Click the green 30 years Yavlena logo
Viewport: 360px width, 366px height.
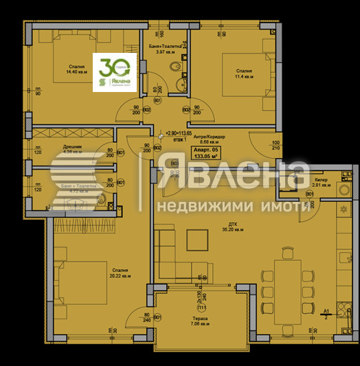114,71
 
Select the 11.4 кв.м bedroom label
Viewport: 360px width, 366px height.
245,73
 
